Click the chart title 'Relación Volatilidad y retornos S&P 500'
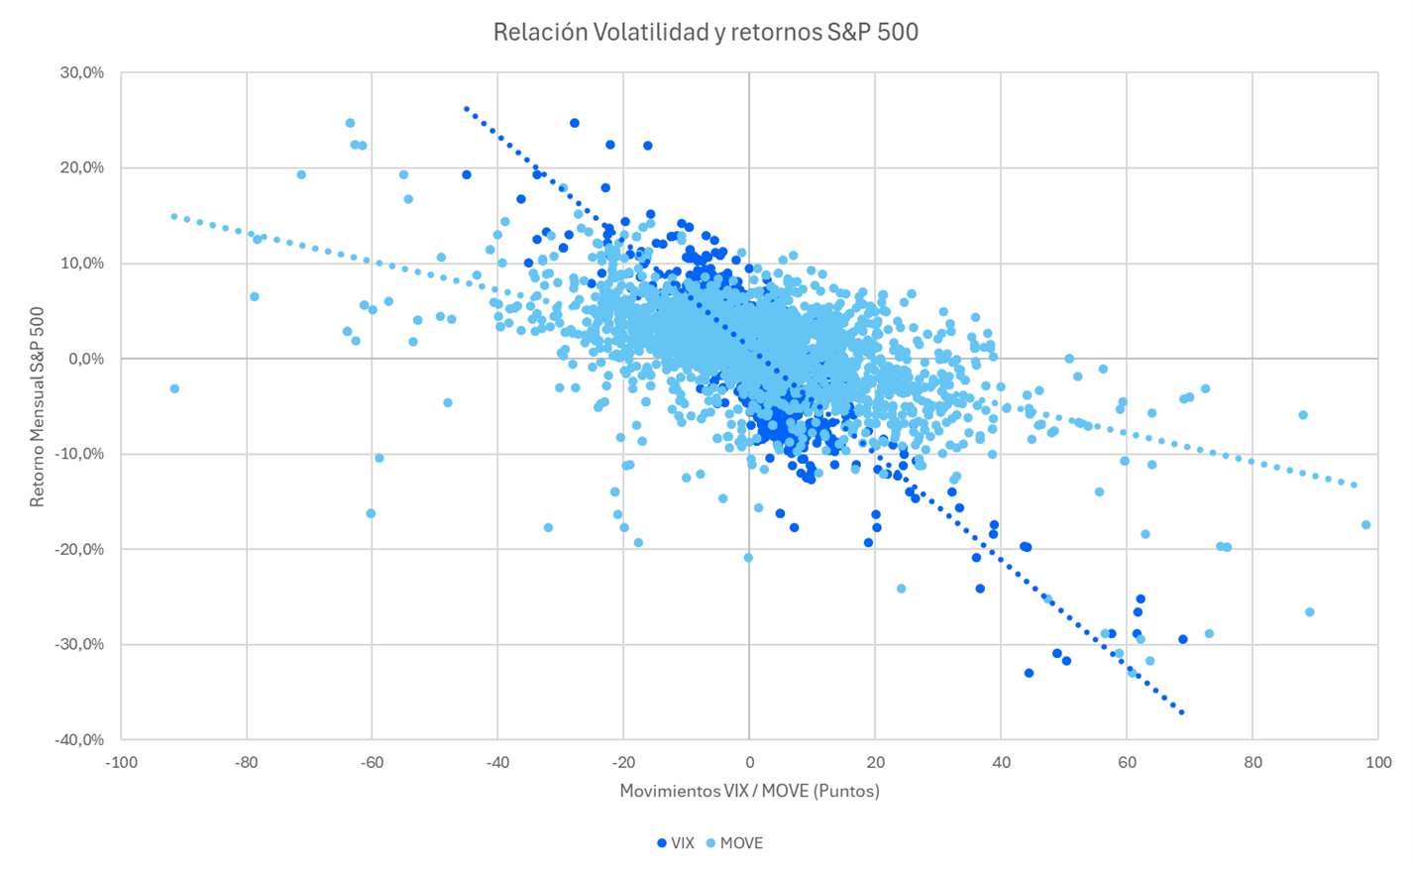pos(706,32)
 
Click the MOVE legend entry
pos(734,843)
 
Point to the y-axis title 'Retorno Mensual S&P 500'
pos(37,407)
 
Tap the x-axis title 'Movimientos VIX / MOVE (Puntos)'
pos(749,791)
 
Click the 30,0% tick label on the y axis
pos(83,73)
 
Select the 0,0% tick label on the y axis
pos(85,359)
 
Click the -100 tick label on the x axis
pos(121,763)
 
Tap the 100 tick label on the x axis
pos(1377,763)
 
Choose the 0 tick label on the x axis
pos(749,763)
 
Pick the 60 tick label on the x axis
pos(1126,763)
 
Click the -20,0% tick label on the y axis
pos(81,549)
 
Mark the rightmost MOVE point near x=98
pos(1365,525)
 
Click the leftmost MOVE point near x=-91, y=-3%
pos(174,388)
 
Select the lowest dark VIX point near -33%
pos(1029,673)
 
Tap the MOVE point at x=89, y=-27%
pos(1309,612)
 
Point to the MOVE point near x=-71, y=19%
pos(301,175)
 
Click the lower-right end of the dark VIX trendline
pos(1181,712)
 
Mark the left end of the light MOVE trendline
pos(173,215)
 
